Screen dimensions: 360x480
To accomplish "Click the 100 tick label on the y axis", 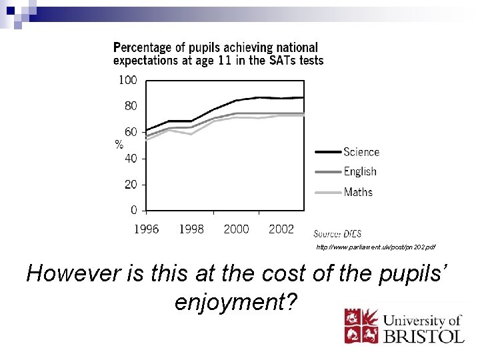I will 127,80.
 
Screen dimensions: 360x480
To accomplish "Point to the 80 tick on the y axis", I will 131,106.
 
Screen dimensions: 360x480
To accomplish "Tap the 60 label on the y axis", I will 131,132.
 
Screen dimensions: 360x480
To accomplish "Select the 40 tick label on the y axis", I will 131,159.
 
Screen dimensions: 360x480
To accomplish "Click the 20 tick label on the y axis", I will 131,185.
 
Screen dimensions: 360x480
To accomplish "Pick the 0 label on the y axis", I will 133,210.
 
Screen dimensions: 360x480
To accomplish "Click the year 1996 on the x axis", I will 147,229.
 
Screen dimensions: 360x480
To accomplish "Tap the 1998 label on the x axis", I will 191,229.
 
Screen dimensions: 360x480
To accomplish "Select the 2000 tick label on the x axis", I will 236,229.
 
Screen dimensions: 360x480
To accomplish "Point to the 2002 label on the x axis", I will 281,229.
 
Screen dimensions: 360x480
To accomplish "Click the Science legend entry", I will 361,152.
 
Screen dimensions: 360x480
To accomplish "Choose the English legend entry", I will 360,172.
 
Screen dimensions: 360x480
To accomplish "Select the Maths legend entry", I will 358,192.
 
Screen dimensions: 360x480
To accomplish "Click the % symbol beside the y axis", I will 119,145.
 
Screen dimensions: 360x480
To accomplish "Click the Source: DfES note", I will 337,233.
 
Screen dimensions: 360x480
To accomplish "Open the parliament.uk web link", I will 376,247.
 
